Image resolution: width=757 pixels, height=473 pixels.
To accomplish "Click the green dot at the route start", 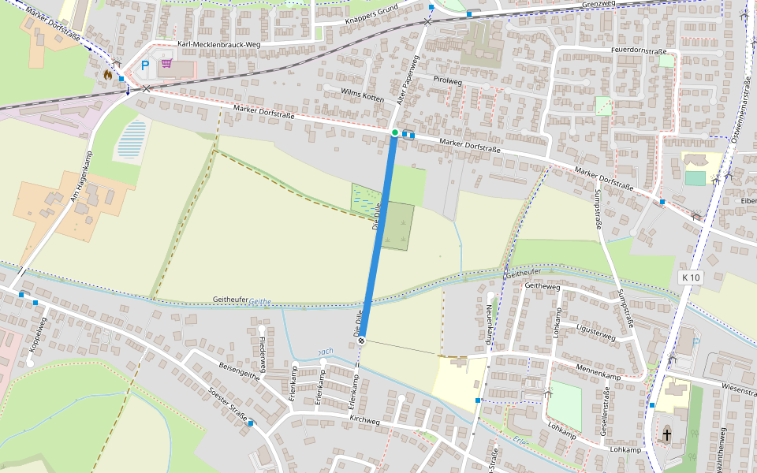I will point(395,132).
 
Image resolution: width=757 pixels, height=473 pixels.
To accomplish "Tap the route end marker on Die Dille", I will point(362,341).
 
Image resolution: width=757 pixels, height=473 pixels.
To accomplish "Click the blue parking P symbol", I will point(144,66).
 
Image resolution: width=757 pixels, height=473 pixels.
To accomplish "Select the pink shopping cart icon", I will point(166,64).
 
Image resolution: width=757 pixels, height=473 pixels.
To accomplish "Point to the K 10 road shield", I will point(691,277).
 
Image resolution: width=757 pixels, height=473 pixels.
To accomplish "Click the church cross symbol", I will point(667,434).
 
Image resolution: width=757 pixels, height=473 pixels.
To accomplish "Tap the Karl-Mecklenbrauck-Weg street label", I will point(219,45).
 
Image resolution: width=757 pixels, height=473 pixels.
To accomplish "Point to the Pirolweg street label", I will point(447,80).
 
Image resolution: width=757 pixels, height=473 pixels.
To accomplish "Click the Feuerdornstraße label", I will point(639,50).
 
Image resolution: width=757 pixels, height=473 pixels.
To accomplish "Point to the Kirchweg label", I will point(364,422).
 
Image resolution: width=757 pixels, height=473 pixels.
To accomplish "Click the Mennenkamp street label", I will point(599,376).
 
